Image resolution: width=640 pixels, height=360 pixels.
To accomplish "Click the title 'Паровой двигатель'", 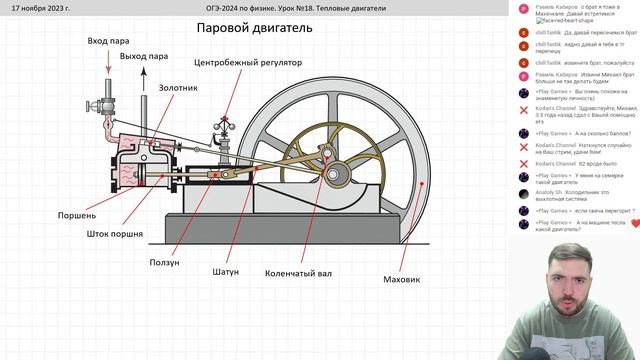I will [x=254, y=28].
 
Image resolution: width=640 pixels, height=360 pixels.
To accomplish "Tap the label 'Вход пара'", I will [x=109, y=41].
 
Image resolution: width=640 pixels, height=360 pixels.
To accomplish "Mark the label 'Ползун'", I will [x=164, y=263].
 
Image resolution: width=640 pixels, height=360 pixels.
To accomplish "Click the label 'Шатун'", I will [x=226, y=272].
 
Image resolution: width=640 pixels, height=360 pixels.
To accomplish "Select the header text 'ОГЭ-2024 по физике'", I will [x=262, y=7].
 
